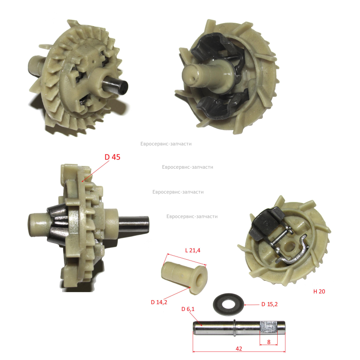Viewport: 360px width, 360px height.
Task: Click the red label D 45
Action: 112,157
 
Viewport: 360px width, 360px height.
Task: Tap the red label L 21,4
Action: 193,250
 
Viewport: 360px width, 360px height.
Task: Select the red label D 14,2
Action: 159,302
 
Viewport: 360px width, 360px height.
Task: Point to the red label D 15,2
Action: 270,304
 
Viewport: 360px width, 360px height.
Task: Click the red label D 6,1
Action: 188,309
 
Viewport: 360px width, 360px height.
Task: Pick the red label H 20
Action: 319,291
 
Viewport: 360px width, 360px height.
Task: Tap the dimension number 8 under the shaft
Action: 269,342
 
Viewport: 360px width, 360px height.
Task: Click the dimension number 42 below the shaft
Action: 239,348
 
